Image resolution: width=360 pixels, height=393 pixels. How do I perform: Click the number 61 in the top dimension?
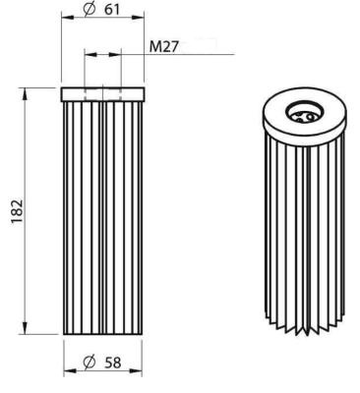[x=112, y=10]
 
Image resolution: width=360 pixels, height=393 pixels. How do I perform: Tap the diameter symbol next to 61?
[x=90, y=10]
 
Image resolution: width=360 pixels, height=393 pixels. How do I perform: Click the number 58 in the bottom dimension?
[x=113, y=363]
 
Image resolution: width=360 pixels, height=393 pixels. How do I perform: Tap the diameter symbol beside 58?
[x=90, y=363]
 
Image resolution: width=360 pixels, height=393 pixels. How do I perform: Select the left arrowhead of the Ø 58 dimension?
[x=69, y=373]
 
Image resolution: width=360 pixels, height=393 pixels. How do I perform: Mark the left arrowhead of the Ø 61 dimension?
[x=65, y=22]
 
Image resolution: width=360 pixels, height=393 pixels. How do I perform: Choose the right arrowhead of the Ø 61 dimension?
[x=144, y=22]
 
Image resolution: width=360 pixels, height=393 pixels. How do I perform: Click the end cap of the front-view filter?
[x=104, y=93]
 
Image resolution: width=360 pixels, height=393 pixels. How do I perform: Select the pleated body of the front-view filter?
[x=104, y=216]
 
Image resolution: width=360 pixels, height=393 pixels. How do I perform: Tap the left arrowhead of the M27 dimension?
[x=88, y=53]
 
